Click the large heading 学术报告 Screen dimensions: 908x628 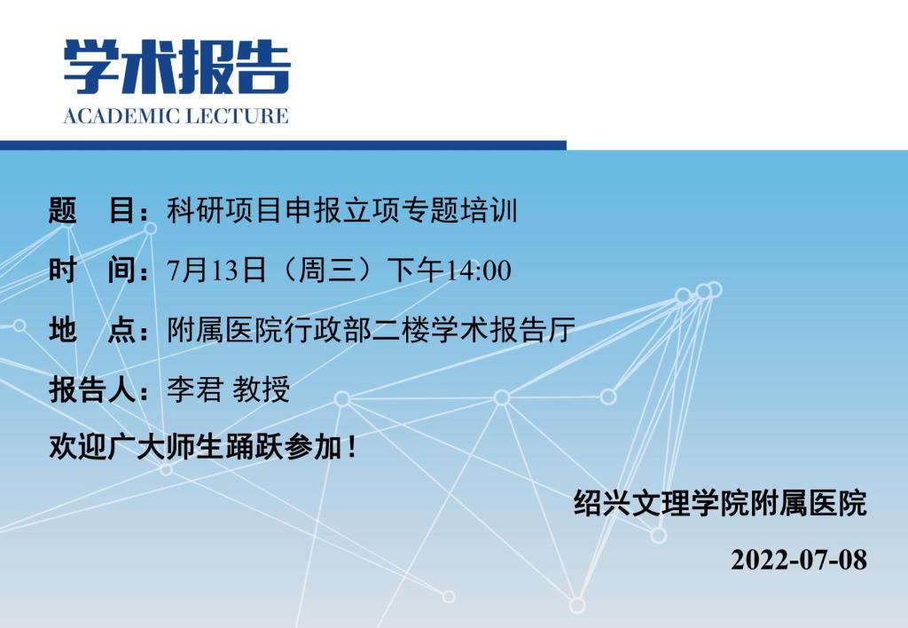[x=176, y=67]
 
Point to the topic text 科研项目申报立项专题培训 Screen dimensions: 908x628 [x=341, y=209]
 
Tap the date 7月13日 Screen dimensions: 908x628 [x=216, y=270]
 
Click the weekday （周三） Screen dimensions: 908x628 [x=327, y=270]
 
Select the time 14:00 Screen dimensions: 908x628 [x=478, y=271]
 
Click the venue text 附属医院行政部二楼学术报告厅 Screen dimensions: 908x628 [x=372, y=330]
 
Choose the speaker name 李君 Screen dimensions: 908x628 [x=195, y=389]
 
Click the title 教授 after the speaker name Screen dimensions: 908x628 [x=262, y=389]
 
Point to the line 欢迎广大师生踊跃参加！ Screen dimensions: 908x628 [x=203, y=447]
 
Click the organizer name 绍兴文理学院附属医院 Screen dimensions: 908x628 [x=720, y=503]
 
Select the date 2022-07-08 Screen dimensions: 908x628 [x=799, y=560]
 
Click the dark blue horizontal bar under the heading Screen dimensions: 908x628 [x=283, y=145]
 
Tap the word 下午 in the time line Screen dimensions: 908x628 [x=415, y=270]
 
